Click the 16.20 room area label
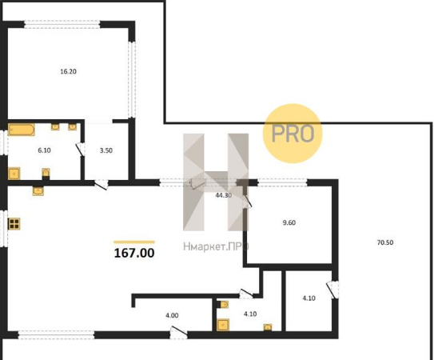pos(69,71)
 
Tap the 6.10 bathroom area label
pos(44,150)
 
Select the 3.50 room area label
pos(106,150)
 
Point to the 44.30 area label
pos(224,195)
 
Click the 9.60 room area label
pos(289,222)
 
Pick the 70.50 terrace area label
pos(385,242)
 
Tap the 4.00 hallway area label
pos(172,315)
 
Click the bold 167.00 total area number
pos(134,253)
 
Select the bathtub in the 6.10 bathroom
pos(22,130)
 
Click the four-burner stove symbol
pos(14,224)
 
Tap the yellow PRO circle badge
pos(293,134)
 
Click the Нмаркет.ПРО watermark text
pos(216,246)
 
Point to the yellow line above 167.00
pos(134,242)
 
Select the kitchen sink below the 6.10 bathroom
pos(38,191)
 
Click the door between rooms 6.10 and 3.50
pos(81,149)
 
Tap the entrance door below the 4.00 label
pos(178,333)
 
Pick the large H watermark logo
pos(216,182)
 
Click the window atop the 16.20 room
pos(62,24)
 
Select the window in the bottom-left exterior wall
pos(57,334)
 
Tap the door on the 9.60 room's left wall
pos(247,202)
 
